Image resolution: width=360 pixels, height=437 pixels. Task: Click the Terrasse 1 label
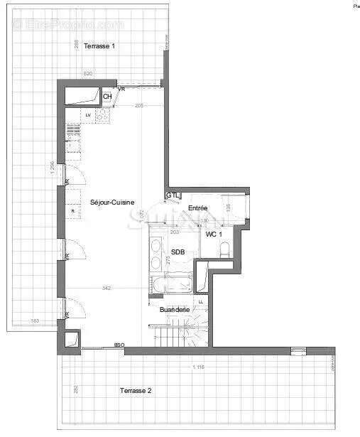(x=99, y=46)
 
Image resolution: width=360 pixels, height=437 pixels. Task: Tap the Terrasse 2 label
(x=134, y=390)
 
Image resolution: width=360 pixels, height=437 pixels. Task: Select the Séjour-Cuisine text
(x=112, y=203)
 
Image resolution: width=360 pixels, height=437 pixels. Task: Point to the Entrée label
(x=197, y=207)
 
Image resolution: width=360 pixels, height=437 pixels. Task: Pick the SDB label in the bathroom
(x=178, y=253)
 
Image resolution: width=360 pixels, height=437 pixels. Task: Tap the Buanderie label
(x=174, y=310)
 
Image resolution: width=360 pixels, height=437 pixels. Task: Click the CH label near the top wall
(x=107, y=97)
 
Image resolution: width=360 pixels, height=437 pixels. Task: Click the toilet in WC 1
(x=224, y=249)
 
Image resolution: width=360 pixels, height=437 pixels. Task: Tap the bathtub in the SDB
(x=171, y=286)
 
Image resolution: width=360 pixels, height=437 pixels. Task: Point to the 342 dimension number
(x=107, y=288)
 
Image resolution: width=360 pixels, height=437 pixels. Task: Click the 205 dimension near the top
(x=139, y=105)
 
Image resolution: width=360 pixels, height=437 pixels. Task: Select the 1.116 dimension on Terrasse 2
(x=198, y=367)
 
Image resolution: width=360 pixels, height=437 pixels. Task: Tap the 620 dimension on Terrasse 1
(x=88, y=73)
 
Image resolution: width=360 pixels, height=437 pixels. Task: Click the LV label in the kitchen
(x=88, y=114)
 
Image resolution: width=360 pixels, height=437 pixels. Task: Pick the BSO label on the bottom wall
(x=119, y=345)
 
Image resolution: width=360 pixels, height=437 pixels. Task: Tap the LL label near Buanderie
(x=201, y=301)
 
